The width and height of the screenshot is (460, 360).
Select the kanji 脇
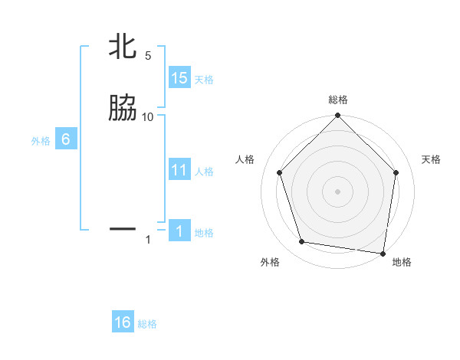coord(123,109)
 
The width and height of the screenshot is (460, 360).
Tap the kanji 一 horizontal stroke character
coord(123,228)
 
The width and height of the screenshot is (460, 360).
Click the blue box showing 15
coord(179,78)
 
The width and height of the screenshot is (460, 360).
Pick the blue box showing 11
coord(179,170)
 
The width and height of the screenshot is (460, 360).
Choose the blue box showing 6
coord(66,139)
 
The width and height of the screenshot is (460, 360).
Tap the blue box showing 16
coord(123,322)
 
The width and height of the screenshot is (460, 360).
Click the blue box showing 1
coord(179,231)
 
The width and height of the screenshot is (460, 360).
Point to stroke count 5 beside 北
coord(148,56)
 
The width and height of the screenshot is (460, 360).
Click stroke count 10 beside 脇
coord(148,116)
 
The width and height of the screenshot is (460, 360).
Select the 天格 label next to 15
coord(204,80)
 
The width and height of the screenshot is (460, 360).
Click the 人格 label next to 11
coord(204,172)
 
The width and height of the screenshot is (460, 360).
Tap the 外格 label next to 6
coord(41,141)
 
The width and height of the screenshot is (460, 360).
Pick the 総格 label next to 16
coord(147,324)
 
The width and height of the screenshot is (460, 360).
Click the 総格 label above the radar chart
coord(337,100)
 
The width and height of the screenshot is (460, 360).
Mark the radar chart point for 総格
coord(337,117)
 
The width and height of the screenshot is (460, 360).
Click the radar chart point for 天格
coord(397,172)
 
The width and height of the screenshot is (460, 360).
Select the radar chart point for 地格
coord(383,253)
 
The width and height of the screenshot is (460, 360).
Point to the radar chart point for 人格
coord(279,172)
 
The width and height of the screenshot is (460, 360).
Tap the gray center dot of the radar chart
coord(337,191)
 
